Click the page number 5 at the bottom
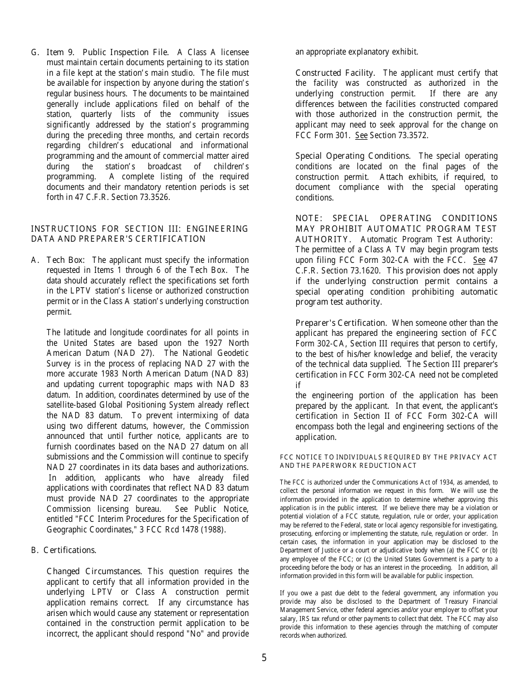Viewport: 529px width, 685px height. (264, 658)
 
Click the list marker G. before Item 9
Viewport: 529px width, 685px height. (35, 52)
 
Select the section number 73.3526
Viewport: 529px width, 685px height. (153, 197)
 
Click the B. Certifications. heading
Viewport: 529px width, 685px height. (63, 550)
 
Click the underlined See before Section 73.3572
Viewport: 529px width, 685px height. (361, 135)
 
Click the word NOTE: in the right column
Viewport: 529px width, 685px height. (309, 218)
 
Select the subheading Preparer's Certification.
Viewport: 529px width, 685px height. (341, 323)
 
